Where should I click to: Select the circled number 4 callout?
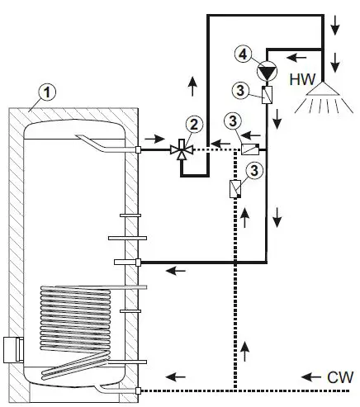point(243,54)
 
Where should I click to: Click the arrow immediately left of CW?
point(310,376)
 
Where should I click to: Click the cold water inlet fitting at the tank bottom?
point(138,389)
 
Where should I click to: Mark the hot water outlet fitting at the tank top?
point(138,149)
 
